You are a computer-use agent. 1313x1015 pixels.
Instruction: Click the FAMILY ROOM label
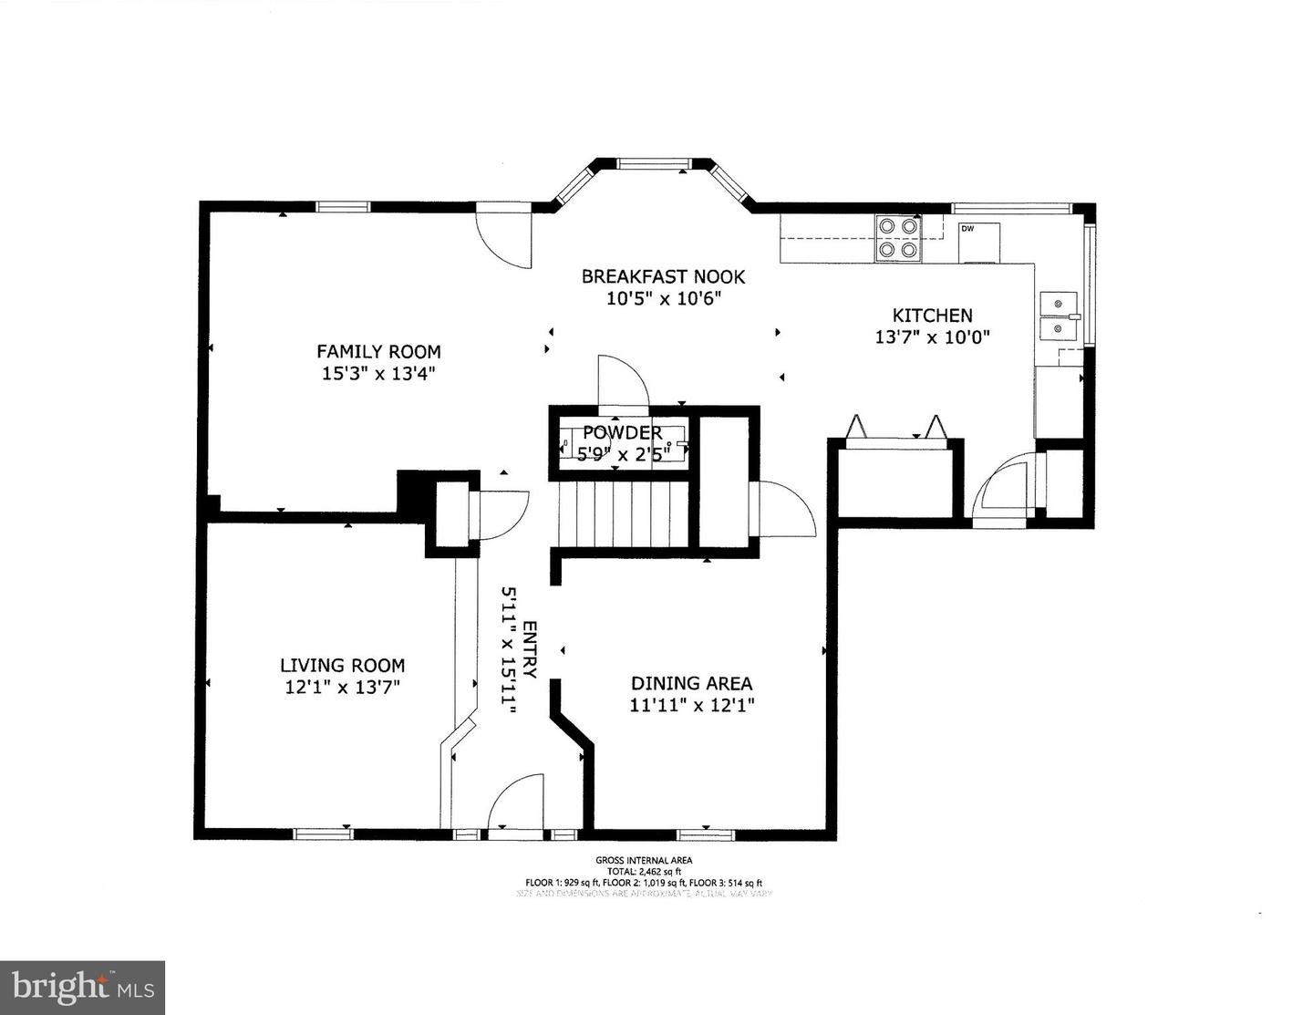(378, 351)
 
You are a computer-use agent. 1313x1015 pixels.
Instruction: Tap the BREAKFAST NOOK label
(663, 276)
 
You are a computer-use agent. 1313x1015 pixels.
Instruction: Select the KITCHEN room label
(932, 316)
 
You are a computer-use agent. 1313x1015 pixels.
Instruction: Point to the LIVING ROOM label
(342, 666)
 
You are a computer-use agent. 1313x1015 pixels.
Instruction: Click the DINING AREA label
(691, 683)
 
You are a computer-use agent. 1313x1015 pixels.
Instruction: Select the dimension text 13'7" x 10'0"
(932, 337)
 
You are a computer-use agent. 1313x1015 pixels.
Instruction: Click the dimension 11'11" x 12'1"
(691, 705)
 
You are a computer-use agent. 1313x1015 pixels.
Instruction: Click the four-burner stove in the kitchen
(896, 237)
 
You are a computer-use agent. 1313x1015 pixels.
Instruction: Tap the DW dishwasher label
(967, 228)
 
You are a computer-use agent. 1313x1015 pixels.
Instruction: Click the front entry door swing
(517, 803)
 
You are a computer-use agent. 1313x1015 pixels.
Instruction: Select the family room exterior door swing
(505, 239)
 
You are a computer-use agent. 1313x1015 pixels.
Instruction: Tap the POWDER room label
(622, 432)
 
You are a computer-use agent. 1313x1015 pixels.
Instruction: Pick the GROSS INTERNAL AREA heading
(643, 860)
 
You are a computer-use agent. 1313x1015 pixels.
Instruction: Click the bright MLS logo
(82, 988)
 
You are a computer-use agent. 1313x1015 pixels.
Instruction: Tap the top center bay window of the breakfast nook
(654, 164)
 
